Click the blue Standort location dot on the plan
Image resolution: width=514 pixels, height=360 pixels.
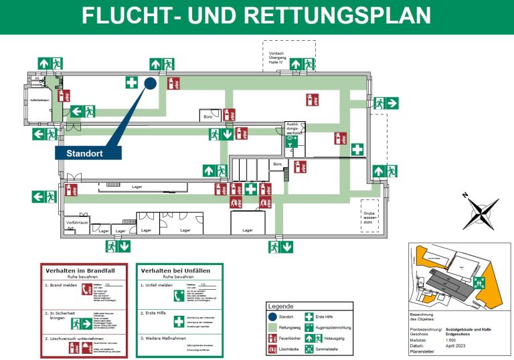point(151,83)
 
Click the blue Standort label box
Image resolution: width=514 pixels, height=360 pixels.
point(88,153)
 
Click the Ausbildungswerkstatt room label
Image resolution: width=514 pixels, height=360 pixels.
point(295,129)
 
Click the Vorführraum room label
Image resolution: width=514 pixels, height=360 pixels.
point(78,221)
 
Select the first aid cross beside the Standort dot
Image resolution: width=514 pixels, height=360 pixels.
point(132,83)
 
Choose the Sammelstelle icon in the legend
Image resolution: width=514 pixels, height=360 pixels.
point(308,349)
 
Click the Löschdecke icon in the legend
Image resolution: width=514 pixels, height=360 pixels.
point(271,349)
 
